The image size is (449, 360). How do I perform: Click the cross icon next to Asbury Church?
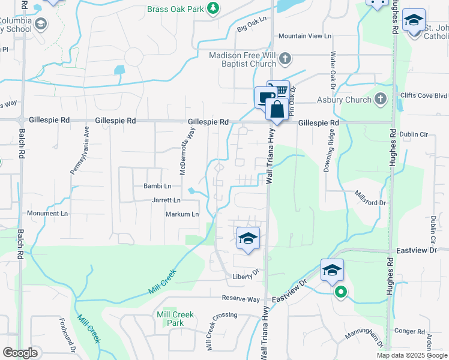(x=379, y=99)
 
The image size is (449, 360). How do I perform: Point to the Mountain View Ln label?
(x=304, y=36)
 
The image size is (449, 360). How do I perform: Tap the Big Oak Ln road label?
(x=252, y=25)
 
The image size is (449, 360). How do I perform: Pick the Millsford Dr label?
(x=370, y=203)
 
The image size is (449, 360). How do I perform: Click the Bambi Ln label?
(x=157, y=187)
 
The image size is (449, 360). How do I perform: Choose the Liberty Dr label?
(x=246, y=277)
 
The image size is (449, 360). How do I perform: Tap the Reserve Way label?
(x=241, y=299)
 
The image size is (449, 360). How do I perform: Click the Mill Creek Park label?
(x=175, y=319)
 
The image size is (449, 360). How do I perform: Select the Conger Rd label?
(x=409, y=331)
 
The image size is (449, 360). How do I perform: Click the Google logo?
(x=20, y=353)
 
